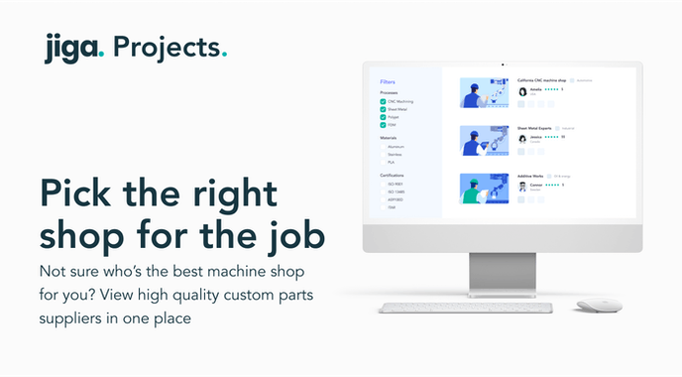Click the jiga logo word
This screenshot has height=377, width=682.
tap(73, 47)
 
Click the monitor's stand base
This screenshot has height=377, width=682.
tap(503, 283)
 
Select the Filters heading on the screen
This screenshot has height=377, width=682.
tap(388, 82)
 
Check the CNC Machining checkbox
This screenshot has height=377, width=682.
tap(383, 101)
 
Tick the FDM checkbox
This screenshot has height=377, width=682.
tap(383, 125)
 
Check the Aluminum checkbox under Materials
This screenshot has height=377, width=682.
tap(383, 146)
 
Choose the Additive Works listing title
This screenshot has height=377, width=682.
tap(532, 176)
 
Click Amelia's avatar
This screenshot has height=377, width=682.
tap(522, 91)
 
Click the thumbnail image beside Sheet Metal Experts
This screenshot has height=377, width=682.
tap(485, 140)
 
